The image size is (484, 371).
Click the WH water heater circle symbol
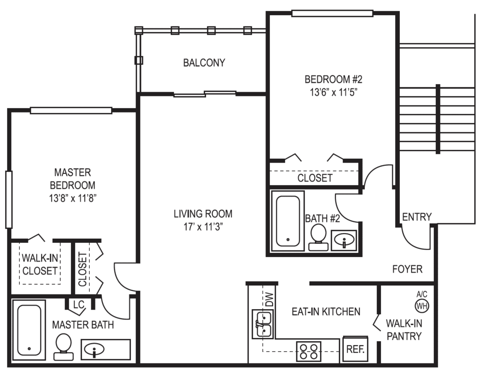point(422,306)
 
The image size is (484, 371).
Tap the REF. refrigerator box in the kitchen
point(355,349)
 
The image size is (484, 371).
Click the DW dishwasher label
point(269,300)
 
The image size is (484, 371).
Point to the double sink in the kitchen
point(261,324)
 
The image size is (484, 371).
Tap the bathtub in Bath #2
point(288,221)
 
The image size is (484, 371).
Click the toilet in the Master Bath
point(63,346)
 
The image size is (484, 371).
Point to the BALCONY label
point(204,62)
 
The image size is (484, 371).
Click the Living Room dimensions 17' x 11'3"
point(203,226)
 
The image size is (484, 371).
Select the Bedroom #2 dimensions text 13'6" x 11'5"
point(330,92)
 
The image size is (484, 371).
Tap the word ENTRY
point(417,217)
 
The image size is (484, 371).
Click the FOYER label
point(407,269)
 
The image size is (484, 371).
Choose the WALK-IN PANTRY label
point(404,330)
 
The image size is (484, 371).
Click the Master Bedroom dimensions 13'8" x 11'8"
point(72,198)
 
